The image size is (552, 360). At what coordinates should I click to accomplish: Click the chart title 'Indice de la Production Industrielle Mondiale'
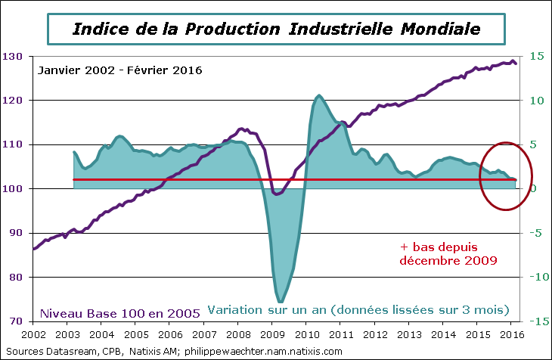[276, 29]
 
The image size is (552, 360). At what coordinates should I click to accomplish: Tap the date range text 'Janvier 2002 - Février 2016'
[119, 70]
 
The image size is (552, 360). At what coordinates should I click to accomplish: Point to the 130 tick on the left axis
[12, 56]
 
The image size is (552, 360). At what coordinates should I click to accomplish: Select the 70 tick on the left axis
[14, 321]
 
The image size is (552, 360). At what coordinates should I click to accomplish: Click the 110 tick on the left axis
[12, 144]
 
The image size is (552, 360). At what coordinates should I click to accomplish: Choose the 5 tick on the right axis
[534, 144]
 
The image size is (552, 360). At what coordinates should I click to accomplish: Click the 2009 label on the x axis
[272, 334]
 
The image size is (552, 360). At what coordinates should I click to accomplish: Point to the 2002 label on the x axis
[34, 334]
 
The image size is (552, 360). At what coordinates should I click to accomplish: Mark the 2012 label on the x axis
[375, 334]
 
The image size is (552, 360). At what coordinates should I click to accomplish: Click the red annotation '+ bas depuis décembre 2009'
[448, 253]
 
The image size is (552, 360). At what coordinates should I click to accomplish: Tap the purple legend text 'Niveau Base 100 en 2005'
[119, 312]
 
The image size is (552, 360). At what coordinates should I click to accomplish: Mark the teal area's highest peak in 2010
[319, 95]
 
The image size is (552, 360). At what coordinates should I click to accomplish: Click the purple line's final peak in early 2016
[513, 61]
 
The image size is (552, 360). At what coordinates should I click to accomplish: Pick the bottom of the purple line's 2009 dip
[277, 194]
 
